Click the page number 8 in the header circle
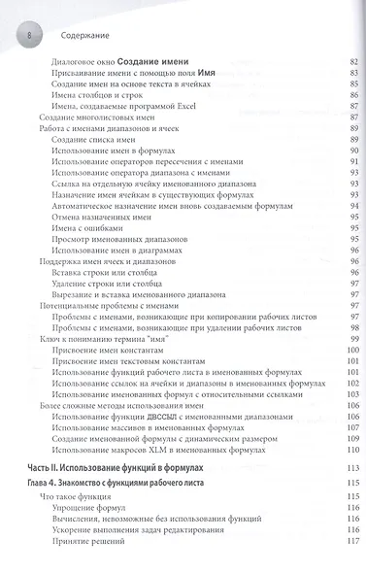coord(29,35)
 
